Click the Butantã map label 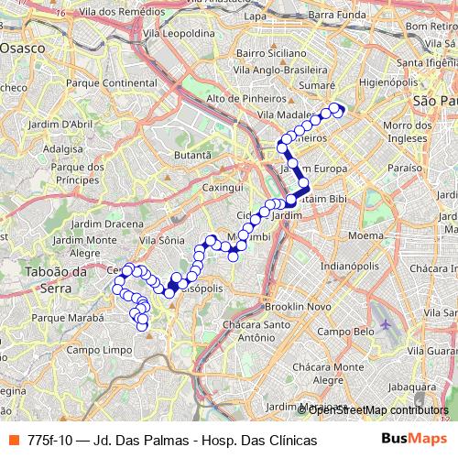(192, 156)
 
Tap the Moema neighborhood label (365, 235)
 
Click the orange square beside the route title (13, 441)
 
